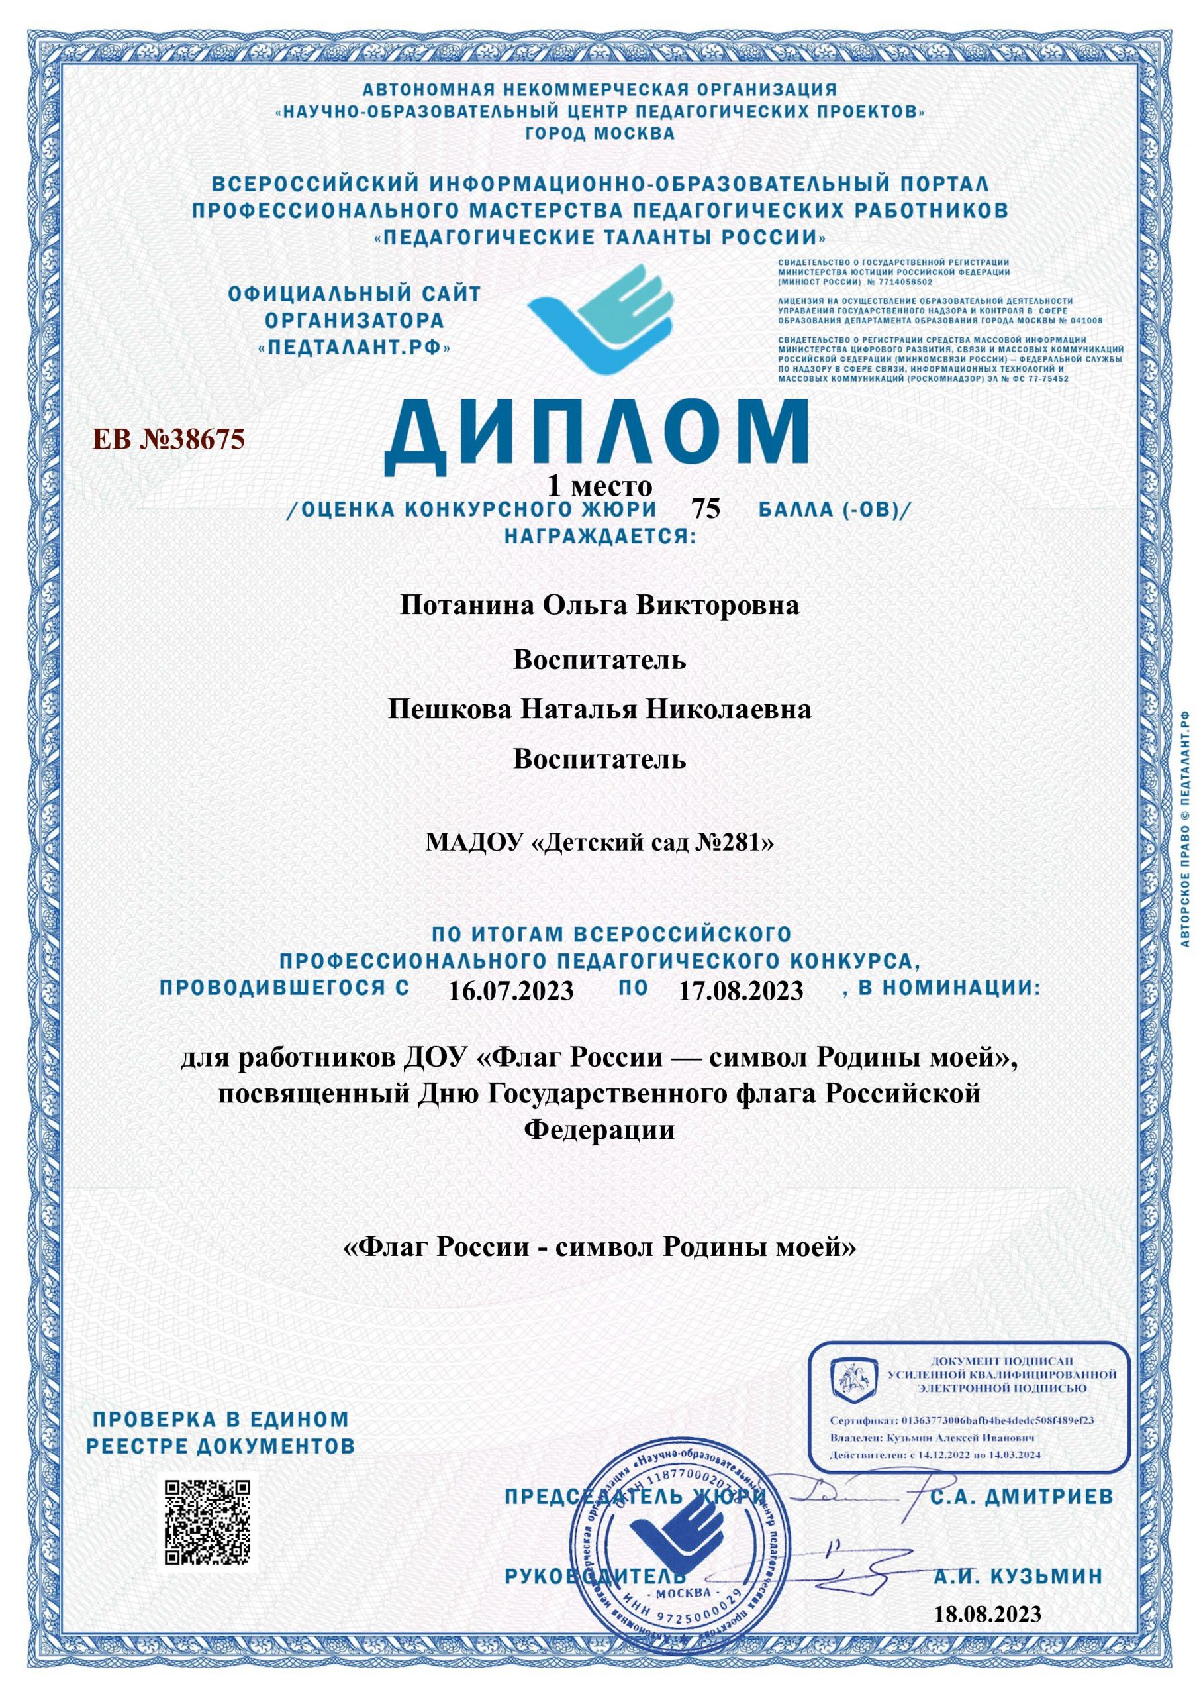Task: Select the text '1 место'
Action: [600, 486]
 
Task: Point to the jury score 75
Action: [705, 509]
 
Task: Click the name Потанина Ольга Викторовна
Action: [600, 606]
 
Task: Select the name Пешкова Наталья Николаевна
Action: [600, 709]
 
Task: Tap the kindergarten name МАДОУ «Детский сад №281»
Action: [600, 842]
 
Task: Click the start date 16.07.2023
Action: [511, 990]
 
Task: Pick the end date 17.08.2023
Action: [740, 990]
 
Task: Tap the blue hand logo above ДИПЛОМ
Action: [602, 319]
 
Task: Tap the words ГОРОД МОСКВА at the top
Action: [600, 134]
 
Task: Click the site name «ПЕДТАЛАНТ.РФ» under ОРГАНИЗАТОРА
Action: [354, 347]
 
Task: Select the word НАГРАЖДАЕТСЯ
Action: [600, 535]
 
